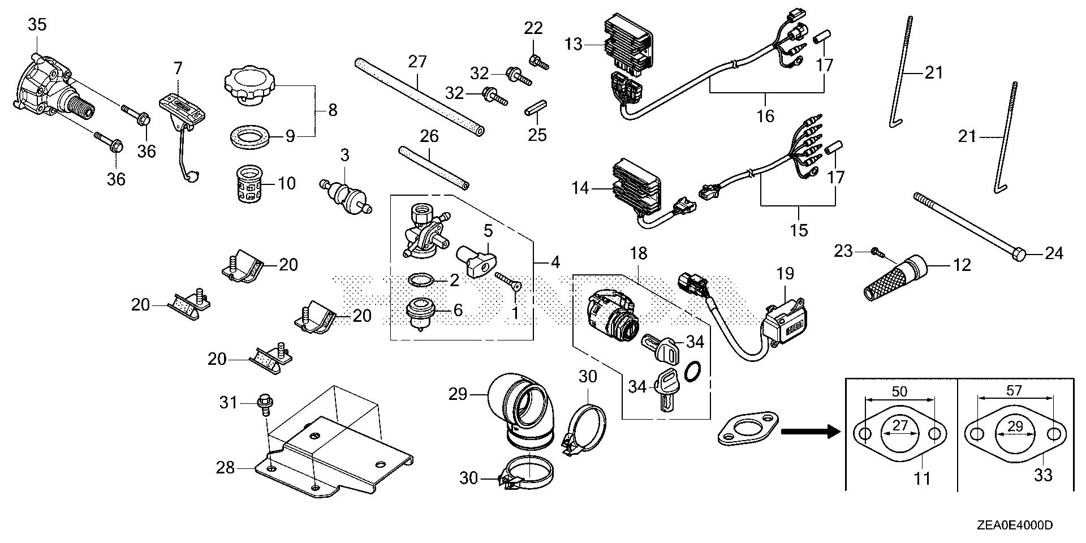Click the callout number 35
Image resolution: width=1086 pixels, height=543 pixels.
pyautogui.click(x=37, y=24)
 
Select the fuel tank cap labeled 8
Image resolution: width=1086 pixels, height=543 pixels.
pyautogui.click(x=249, y=87)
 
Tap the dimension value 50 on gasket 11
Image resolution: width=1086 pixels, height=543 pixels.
pyautogui.click(x=899, y=391)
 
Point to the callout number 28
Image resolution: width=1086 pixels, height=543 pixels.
pyautogui.click(x=226, y=468)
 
